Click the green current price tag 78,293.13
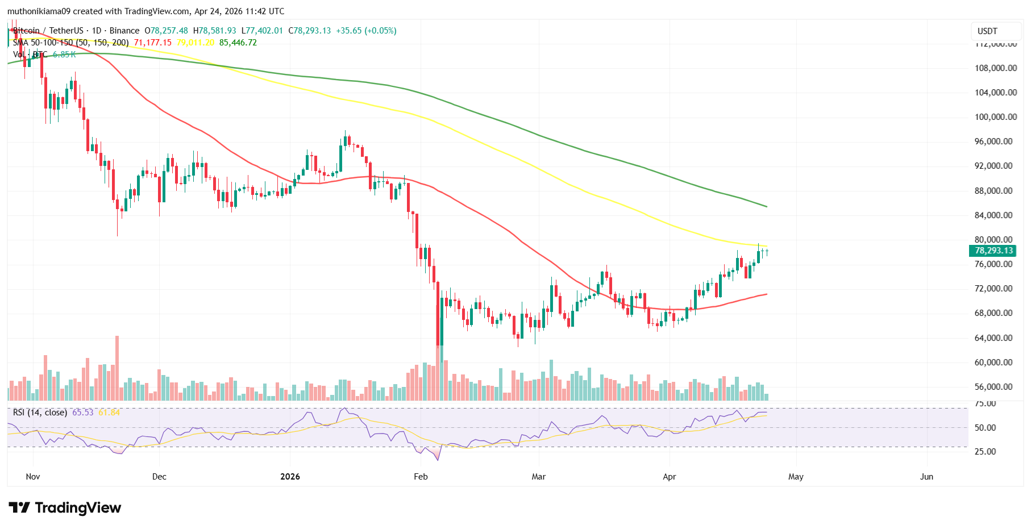(x=992, y=251)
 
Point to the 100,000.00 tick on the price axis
(x=995, y=117)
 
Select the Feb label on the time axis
(x=421, y=477)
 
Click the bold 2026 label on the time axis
(x=290, y=477)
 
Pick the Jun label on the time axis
(x=926, y=477)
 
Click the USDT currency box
(x=987, y=31)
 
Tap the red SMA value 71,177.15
(x=152, y=43)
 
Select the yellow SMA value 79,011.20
(x=196, y=43)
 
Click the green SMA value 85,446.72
(x=238, y=43)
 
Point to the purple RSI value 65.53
(x=82, y=413)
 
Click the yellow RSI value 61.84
(x=109, y=413)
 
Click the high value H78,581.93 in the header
(x=214, y=31)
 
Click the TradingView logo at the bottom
(x=65, y=507)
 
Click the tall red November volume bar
(x=117, y=368)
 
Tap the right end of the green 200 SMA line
(x=766, y=206)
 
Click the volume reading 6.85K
(x=64, y=55)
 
